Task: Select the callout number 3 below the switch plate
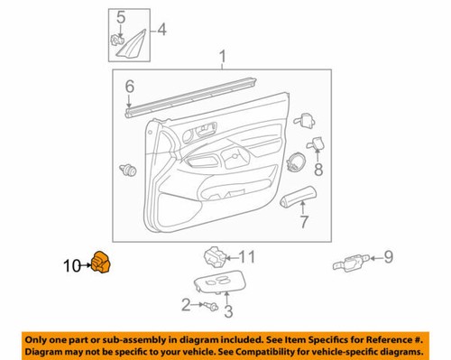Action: (228, 312)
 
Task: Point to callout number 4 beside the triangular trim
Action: (161, 30)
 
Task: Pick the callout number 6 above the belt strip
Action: (129, 87)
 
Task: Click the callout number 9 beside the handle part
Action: (389, 258)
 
